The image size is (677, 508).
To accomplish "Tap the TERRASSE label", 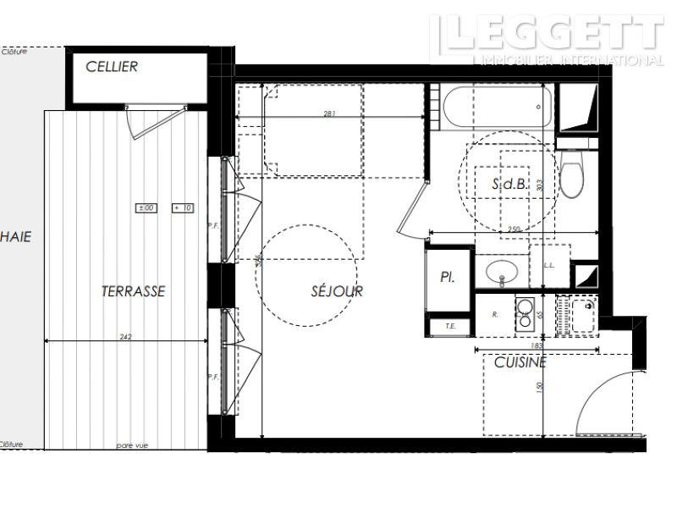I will coord(133,291).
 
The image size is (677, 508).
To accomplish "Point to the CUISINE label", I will coord(520,362).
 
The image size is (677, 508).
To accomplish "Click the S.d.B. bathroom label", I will coord(509,183).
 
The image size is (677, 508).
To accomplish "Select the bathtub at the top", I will coord(496,108).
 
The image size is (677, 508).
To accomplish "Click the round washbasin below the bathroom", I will coord(503,272).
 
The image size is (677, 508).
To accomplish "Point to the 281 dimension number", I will coord(330,113).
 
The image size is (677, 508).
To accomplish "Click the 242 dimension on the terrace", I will coord(126,336).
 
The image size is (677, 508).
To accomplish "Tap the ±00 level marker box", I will coord(146,207).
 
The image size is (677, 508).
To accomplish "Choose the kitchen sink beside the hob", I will coord(583,315).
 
